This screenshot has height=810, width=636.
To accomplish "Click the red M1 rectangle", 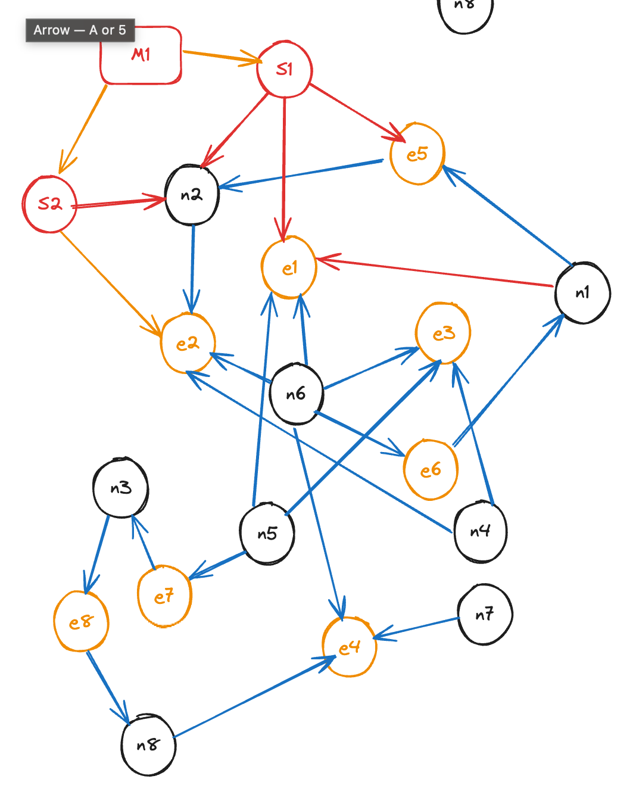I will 141,55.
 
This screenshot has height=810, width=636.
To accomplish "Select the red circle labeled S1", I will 285,70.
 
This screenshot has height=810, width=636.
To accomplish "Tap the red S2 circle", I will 50,204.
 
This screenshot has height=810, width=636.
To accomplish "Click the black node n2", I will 192,195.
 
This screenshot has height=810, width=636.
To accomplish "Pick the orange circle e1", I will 289,267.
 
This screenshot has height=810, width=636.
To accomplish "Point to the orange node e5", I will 417,154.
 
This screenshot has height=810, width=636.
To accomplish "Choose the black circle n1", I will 582,292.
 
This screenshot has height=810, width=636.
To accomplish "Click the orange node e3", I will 443,333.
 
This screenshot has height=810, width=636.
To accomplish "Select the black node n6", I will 296,394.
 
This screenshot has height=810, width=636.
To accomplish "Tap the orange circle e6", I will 431,470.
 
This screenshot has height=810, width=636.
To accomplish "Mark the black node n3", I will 121,488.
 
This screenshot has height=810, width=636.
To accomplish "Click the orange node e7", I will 164,596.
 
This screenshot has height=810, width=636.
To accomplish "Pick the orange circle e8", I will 81,622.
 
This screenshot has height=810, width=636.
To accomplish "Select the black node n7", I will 485,614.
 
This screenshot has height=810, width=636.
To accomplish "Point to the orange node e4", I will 350,647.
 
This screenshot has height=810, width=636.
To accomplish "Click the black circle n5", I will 267,533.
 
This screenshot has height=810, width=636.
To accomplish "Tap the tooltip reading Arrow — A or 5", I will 80,30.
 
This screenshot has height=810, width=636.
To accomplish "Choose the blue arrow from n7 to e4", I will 417,628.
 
